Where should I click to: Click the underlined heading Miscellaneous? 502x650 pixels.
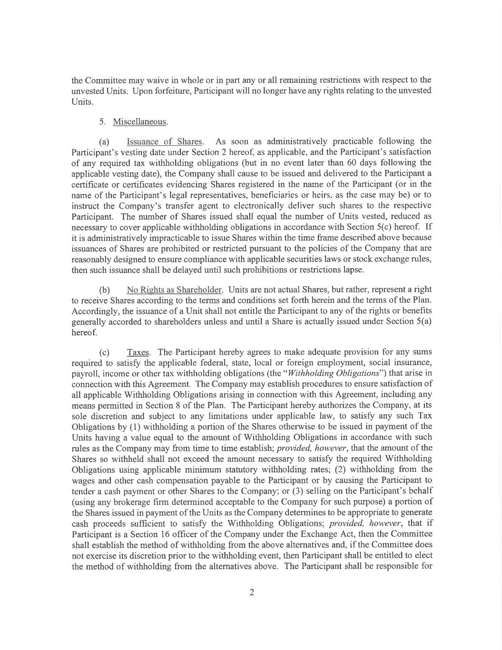(x=140, y=122)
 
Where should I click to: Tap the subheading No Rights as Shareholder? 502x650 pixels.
(x=174, y=290)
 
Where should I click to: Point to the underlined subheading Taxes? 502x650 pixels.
(x=138, y=352)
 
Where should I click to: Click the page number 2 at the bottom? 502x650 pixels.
(x=252, y=592)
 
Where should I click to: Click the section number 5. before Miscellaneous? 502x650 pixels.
(x=102, y=122)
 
